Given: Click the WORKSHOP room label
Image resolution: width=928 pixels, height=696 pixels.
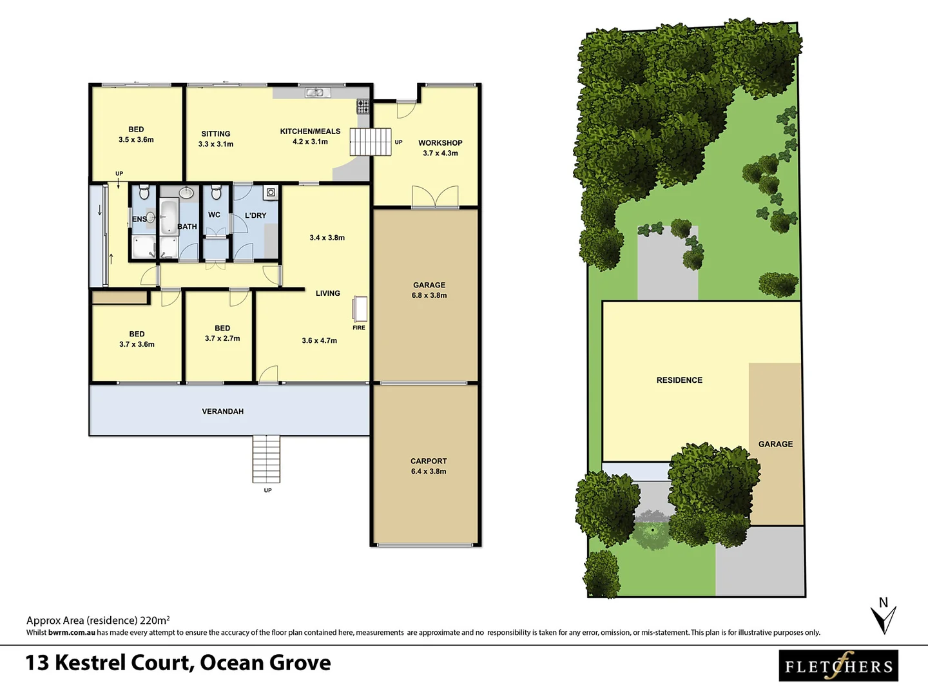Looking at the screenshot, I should pyautogui.click(x=440, y=143).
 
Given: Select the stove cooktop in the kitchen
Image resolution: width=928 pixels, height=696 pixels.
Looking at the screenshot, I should pyautogui.click(x=363, y=106).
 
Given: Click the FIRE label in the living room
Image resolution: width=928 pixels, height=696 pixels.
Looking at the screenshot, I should pyautogui.click(x=359, y=328).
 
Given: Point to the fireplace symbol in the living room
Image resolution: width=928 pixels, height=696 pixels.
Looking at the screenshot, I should pyautogui.click(x=360, y=309).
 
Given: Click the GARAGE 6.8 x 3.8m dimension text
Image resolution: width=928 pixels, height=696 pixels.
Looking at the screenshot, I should pyautogui.click(x=429, y=296).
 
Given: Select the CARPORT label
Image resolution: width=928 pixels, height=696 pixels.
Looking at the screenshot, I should pyautogui.click(x=429, y=461).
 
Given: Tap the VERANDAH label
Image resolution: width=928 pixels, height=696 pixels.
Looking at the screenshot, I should pyautogui.click(x=223, y=411).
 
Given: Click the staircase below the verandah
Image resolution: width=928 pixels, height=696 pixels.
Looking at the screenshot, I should pyautogui.click(x=266, y=459).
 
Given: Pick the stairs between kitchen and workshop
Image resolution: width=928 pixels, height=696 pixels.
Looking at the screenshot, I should pyautogui.click(x=371, y=142).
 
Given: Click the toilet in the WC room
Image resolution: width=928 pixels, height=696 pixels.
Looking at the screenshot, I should pyautogui.click(x=216, y=192).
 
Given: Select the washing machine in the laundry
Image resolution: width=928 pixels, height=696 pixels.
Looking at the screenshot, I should pyautogui.click(x=271, y=192).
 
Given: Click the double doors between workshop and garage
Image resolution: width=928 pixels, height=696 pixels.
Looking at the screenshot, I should pyautogui.click(x=435, y=197).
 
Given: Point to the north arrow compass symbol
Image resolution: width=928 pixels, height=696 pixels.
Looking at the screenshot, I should pyautogui.click(x=884, y=616).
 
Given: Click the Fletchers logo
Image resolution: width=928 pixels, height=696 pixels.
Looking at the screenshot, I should pyautogui.click(x=838, y=666).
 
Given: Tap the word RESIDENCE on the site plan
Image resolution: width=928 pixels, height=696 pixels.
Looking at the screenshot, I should pyautogui.click(x=679, y=380).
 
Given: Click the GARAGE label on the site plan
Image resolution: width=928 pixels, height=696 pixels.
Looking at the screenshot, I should pyautogui.click(x=775, y=444).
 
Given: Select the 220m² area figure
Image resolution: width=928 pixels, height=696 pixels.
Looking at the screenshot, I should pyautogui.click(x=155, y=621).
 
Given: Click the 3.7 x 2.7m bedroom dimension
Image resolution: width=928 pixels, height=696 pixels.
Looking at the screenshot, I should pyautogui.click(x=222, y=339).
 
